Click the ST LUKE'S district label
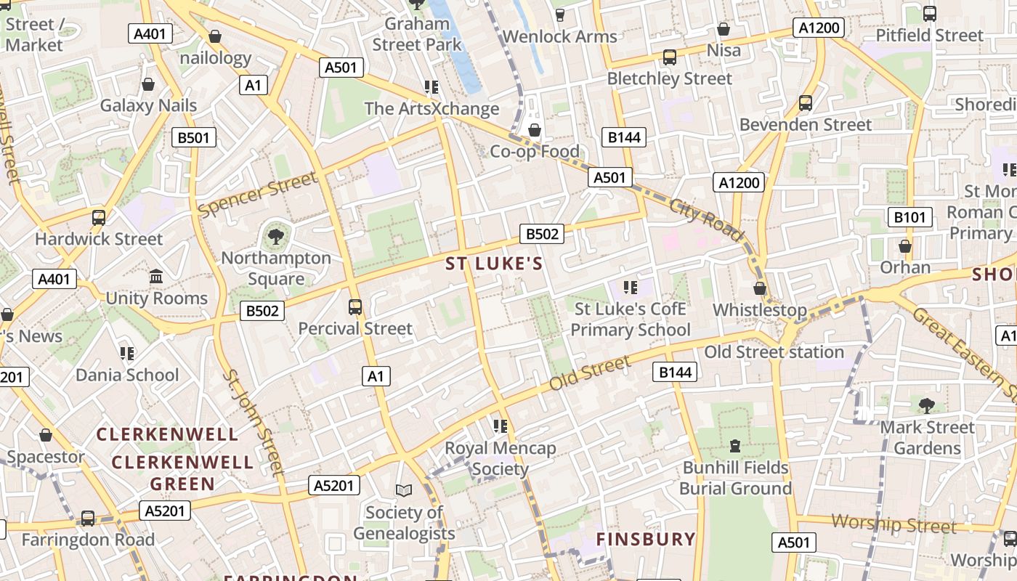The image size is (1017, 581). click(x=494, y=264)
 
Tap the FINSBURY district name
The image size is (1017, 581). click(x=646, y=539)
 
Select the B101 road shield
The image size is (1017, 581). click(x=909, y=217)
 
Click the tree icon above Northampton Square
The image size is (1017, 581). click(x=275, y=236)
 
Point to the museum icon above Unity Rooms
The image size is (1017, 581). click(x=156, y=277)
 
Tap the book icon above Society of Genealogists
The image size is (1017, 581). click(x=404, y=491)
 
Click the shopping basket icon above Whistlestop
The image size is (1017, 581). click(x=760, y=288)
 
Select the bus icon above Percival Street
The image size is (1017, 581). click(x=355, y=306)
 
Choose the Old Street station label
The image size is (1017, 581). click(x=774, y=352)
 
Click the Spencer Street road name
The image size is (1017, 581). click(x=258, y=194)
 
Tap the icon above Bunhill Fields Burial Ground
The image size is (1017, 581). click(x=735, y=445)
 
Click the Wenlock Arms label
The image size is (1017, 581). click(x=559, y=36)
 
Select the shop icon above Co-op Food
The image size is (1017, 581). click(x=535, y=130)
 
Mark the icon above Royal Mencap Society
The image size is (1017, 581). click(x=500, y=426)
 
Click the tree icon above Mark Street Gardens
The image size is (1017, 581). click(x=926, y=405)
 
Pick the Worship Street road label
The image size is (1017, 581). click(x=894, y=523)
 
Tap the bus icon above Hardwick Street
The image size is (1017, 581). click(x=99, y=217)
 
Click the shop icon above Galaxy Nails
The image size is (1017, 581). click(x=148, y=84)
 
